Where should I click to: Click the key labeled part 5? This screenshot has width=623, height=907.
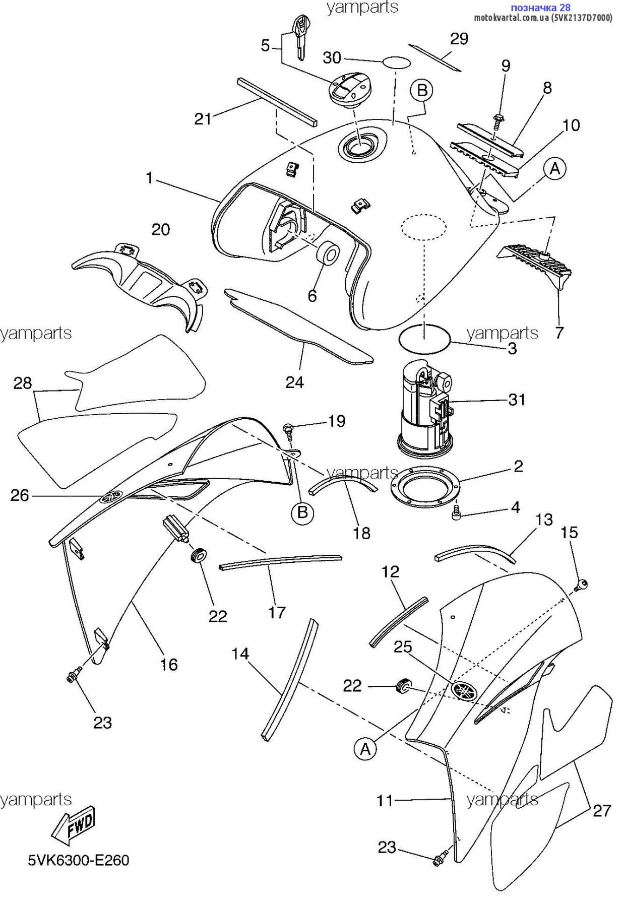pos(301,38)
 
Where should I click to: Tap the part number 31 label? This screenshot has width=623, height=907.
pos(517,400)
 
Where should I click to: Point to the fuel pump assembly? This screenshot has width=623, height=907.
pos(426,409)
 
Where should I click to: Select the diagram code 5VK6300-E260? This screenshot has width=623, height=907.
pos(79,860)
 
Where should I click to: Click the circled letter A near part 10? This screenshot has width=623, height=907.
pos(554,169)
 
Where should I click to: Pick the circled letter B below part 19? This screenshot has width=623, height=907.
pos(302,513)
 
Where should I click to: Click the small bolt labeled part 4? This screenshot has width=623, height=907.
pos(457,513)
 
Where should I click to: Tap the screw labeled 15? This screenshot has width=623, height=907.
pos(581,586)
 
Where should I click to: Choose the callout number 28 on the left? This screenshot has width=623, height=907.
pos(23,383)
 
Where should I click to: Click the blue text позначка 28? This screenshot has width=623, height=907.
pos(541,7)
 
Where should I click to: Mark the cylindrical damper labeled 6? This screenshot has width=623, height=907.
pos(328,253)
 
